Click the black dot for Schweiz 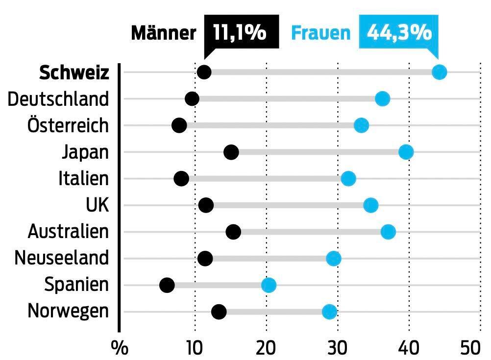[x=204, y=72]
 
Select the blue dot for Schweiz [x=439, y=72]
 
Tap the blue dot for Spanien [x=269, y=285]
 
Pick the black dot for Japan [x=231, y=152]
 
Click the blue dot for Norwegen [x=330, y=312]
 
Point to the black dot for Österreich [x=179, y=125]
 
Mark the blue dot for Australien [x=388, y=232]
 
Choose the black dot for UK [x=206, y=205]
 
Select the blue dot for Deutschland [x=382, y=99]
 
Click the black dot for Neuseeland [x=205, y=258]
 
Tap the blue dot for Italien [x=348, y=179]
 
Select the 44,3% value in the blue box [x=399, y=33]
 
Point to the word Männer [x=164, y=33]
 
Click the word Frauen [x=321, y=33]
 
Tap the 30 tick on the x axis [x=338, y=348]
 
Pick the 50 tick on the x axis [x=471, y=348]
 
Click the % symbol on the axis [x=120, y=348]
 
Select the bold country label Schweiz [x=74, y=72]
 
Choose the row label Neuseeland [x=62, y=258]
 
